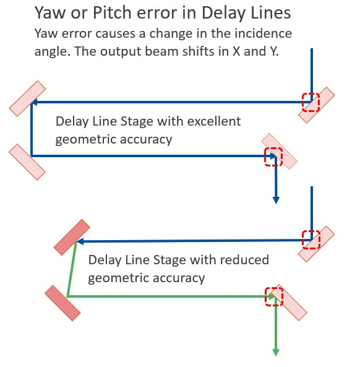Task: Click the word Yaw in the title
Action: point(50,12)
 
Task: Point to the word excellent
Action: point(214,121)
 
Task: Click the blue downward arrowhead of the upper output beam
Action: point(276,200)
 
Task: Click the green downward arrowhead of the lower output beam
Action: point(276,352)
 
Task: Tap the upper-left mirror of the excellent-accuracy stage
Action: point(27,98)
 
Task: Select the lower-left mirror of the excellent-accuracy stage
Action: point(27,162)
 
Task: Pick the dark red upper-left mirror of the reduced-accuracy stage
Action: point(72,237)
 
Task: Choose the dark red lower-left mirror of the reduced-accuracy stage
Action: point(62,303)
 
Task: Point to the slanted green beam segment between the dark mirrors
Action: point(72,269)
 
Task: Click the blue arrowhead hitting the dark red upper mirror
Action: point(80,241)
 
